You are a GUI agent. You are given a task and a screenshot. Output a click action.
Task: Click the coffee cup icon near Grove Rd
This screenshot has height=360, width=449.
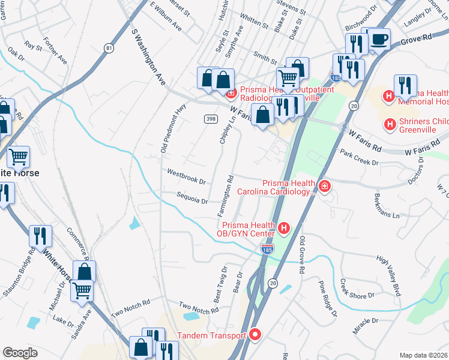[378, 40]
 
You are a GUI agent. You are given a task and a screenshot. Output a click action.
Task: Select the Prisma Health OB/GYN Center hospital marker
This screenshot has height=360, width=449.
[284, 228]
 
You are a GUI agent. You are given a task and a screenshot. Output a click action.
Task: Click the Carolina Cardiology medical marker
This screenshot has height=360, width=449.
[325, 187]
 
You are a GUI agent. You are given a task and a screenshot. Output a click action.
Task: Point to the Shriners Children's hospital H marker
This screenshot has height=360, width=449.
[390, 124]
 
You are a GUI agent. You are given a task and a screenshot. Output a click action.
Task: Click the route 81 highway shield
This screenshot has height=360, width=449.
[108, 47]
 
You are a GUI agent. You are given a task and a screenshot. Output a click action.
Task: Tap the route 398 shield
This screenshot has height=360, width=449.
[210, 119]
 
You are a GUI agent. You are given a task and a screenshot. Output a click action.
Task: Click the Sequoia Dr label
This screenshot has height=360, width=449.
[192, 197]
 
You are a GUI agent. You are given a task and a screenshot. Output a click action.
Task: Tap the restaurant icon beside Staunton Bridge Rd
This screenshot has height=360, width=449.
[41, 235]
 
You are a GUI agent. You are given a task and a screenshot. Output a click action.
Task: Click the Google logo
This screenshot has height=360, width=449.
[20, 353]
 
